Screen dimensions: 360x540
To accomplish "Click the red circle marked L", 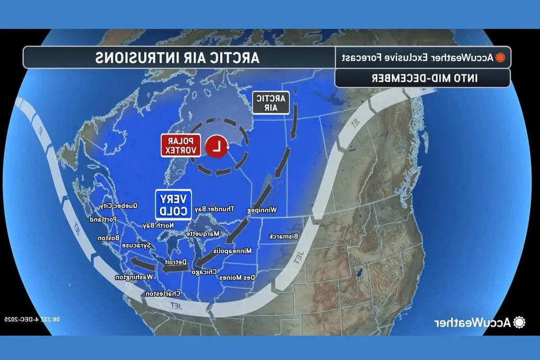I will [217, 146].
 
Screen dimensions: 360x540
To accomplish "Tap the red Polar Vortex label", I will [182, 146].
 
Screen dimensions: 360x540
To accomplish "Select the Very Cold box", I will [173, 204].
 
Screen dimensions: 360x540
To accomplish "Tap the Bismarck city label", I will [283, 236].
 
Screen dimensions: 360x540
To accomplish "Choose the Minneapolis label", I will [232, 250].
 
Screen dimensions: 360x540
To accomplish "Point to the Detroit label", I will [175, 262].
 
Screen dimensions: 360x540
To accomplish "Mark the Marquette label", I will [202, 234].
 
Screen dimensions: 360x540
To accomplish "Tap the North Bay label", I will [158, 225].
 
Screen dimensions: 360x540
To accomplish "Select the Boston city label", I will [109, 238].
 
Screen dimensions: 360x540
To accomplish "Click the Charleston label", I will [163, 294].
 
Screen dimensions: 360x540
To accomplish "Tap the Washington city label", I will [134, 277].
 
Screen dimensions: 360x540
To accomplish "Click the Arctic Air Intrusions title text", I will [177, 57].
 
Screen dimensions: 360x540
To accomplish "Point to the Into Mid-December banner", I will [422, 78].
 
